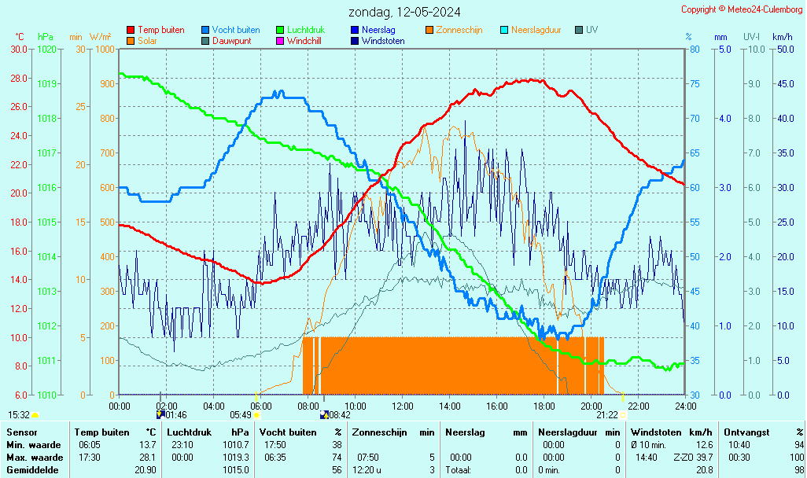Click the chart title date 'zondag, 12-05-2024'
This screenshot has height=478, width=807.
pos(405,12)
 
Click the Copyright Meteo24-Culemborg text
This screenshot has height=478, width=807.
pos(742,9)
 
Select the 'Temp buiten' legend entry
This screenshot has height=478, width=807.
pos(160,30)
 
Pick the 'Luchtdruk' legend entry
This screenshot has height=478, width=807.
pos(305,30)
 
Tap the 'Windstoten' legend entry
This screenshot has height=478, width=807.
pos(383,40)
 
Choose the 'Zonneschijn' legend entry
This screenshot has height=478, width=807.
pos(459,30)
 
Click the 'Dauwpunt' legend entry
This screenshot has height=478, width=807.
pos(231,40)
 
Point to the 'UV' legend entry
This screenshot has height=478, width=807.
pos(591,30)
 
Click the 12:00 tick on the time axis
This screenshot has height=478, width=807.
pos(403,406)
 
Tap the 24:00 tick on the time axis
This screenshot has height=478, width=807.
pos(685,406)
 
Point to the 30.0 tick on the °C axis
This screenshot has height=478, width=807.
pos(19,49)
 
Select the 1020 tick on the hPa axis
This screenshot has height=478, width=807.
pos(46,49)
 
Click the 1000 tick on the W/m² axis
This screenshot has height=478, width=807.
pos(103,49)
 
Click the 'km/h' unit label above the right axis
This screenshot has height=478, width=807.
pos(782,37)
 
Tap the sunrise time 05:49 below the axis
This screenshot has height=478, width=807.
pos(240,414)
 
